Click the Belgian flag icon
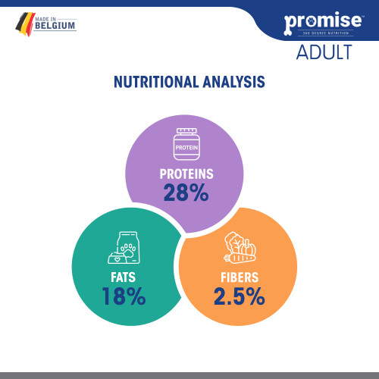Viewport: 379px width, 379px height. point(25,24)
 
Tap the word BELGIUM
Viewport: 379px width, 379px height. point(55,26)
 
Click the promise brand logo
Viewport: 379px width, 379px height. point(323,23)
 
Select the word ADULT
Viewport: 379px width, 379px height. point(324,52)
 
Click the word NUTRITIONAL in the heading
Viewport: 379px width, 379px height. point(156,82)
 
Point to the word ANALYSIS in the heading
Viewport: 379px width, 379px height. point(233,82)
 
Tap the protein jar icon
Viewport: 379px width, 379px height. point(186,144)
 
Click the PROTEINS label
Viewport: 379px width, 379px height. point(186,174)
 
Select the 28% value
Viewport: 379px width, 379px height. point(186,193)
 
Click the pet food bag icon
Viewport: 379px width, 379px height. point(124,248)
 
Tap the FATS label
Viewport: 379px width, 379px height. point(123,277)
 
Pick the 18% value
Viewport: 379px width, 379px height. point(124,296)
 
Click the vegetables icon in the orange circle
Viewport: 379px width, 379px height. point(240,248)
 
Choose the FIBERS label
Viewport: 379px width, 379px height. point(240,277)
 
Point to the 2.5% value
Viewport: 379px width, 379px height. point(240,296)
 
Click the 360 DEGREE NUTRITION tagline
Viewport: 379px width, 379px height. point(326,33)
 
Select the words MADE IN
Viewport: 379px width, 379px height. point(45,19)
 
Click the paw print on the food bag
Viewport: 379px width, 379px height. point(128,249)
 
